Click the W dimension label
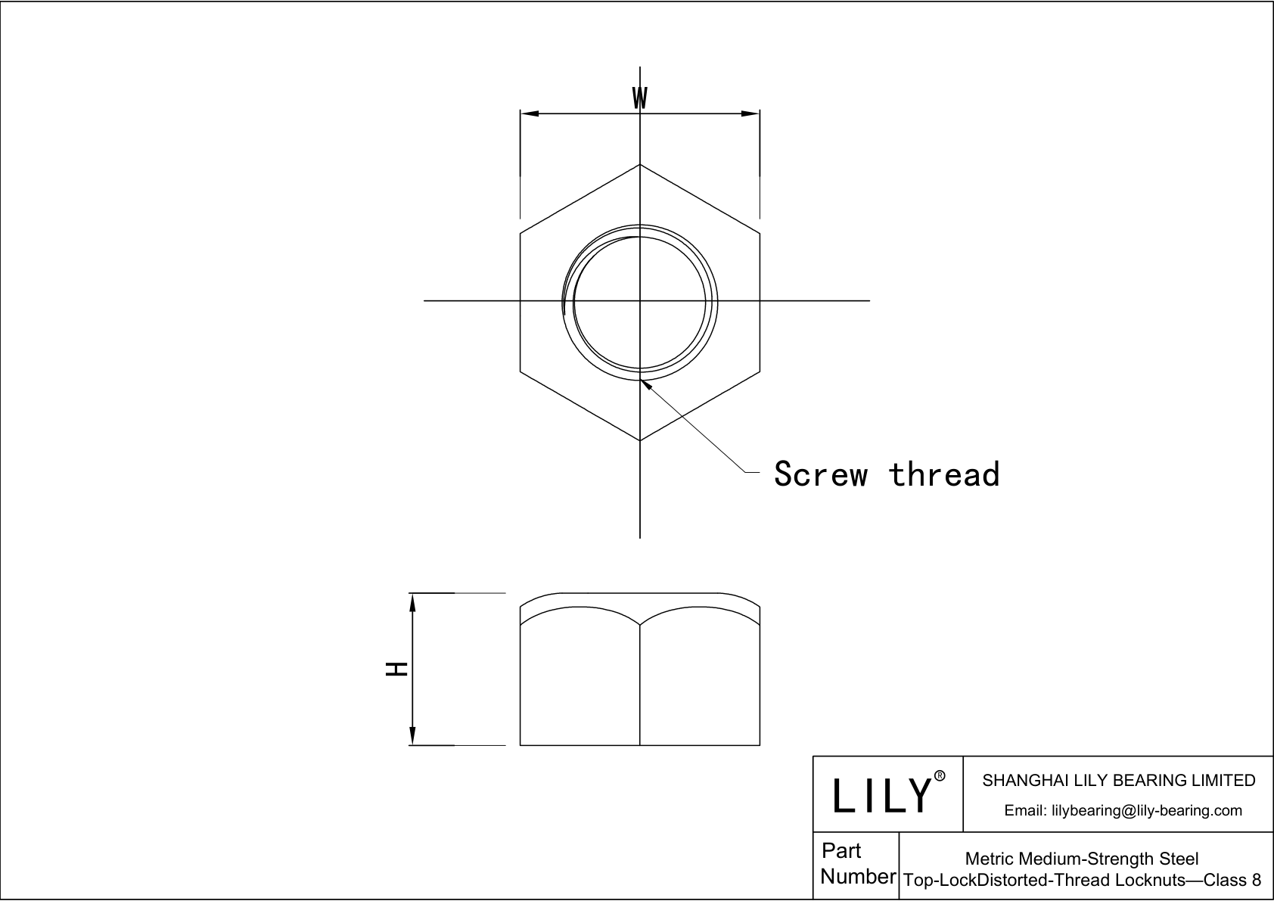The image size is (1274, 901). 640,98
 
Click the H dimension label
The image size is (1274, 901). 397,669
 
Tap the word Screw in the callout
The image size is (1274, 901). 821,474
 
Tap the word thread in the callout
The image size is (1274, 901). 944,474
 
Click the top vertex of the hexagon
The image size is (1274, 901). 640,164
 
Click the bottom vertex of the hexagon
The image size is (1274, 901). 640,440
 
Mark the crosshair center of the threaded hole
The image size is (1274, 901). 640,301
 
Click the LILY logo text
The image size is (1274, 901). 881,795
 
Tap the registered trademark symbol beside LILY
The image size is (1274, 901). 940,776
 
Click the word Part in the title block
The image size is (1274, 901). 841,851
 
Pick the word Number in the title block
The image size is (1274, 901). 858,877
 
